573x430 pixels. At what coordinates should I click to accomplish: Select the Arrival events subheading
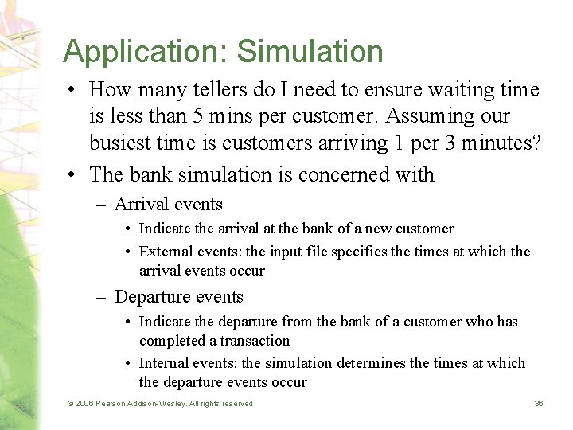tap(169, 204)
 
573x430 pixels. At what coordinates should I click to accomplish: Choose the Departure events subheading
tap(179, 297)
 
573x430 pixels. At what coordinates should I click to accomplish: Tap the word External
tap(164, 252)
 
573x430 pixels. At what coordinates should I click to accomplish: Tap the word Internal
tap(162, 363)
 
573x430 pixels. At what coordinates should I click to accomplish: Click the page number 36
tap(539, 404)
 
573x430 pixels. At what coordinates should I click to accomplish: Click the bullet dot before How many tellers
tap(74, 90)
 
